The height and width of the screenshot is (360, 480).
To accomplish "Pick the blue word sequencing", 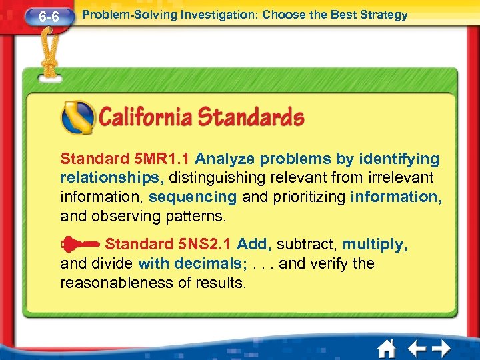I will point(193,197).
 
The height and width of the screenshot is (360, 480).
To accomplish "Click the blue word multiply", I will point(375,245).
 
